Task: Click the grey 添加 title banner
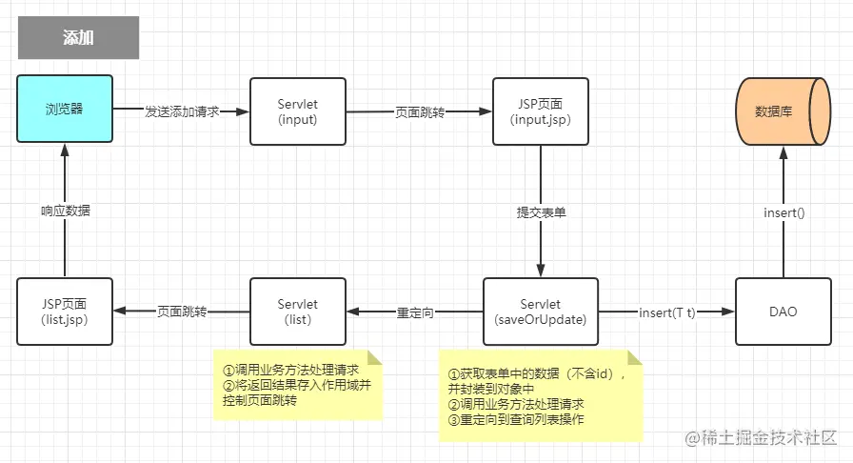pyautogui.click(x=78, y=38)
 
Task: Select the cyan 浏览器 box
pyautogui.click(x=65, y=110)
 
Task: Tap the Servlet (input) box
pyautogui.click(x=297, y=111)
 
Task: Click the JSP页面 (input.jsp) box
pyautogui.click(x=541, y=111)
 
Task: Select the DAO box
pyautogui.click(x=783, y=312)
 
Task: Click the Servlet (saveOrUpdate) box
pyautogui.click(x=541, y=312)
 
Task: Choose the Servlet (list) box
pyautogui.click(x=297, y=312)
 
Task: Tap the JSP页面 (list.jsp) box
pyautogui.click(x=65, y=312)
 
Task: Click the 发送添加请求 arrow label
pyautogui.click(x=182, y=111)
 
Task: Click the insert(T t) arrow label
pyautogui.click(x=667, y=312)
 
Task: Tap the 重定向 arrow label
pyautogui.click(x=415, y=312)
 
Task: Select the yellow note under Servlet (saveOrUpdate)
pyautogui.click(x=539, y=393)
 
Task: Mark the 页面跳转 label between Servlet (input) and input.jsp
pyautogui.click(x=420, y=111)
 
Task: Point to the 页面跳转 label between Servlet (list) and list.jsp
pyautogui.click(x=182, y=312)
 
